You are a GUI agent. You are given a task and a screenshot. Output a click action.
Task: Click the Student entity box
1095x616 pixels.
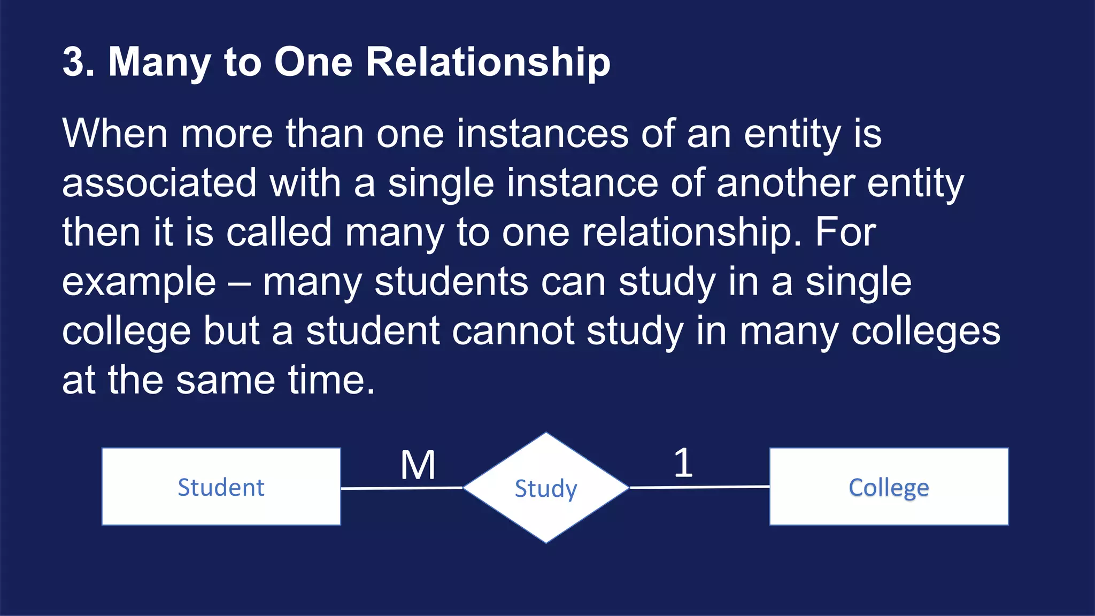pyautogui.click(x=221, y=487)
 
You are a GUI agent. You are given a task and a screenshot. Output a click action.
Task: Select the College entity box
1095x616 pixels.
pyautogui.click(x=889, y=487)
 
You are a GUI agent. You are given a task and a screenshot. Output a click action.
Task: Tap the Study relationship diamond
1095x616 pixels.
pyautogui.click(x=546, y=488)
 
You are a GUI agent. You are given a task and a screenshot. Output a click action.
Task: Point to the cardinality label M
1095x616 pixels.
pyautogui.click(x=418, y=465)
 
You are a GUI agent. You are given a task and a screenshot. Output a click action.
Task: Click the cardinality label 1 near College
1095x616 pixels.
pyautogui.click(x=683, y=463)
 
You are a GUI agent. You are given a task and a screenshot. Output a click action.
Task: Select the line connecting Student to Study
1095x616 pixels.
pyautogui.click(x=402, y=488)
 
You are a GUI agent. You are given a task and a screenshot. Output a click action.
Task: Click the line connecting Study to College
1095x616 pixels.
pyautogui.click(x=699, y=487)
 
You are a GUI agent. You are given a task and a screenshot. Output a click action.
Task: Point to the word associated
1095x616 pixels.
pyautogui.click(x=159, y=182)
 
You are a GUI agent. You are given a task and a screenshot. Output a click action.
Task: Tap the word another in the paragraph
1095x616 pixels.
pyautogui.click(x=785, y=182)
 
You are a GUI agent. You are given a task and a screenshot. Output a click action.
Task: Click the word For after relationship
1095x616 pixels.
pyautogui.click(x=845, y=232)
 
